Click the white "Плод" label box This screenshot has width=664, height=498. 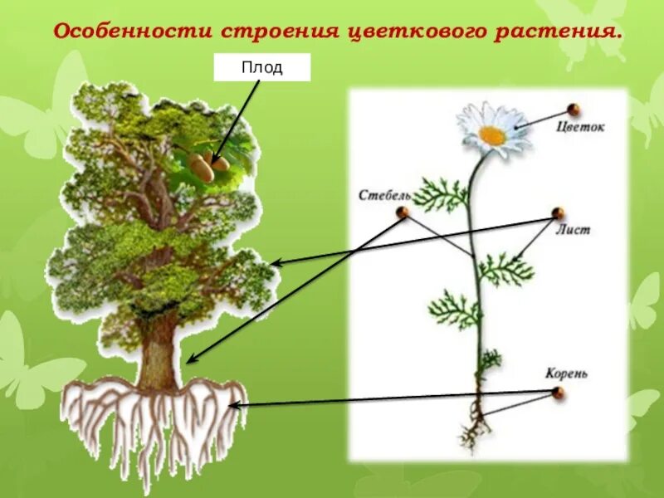point(262,67)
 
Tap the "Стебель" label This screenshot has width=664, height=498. point(385,196)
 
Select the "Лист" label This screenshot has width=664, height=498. point(574,230)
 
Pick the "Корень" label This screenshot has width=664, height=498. point(567,373)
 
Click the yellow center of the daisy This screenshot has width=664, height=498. point(491,135)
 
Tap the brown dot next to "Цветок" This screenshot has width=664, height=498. point(573,110)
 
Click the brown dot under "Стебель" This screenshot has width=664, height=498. point(403,212)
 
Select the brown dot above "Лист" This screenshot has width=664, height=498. point(558,213)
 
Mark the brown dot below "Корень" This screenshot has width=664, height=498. point(558,392)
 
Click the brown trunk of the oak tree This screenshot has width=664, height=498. point(159,353)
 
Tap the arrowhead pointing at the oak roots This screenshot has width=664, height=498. point(233,405)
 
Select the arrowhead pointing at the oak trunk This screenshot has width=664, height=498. point(190,359)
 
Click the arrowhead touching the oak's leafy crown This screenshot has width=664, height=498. point(276,263)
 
